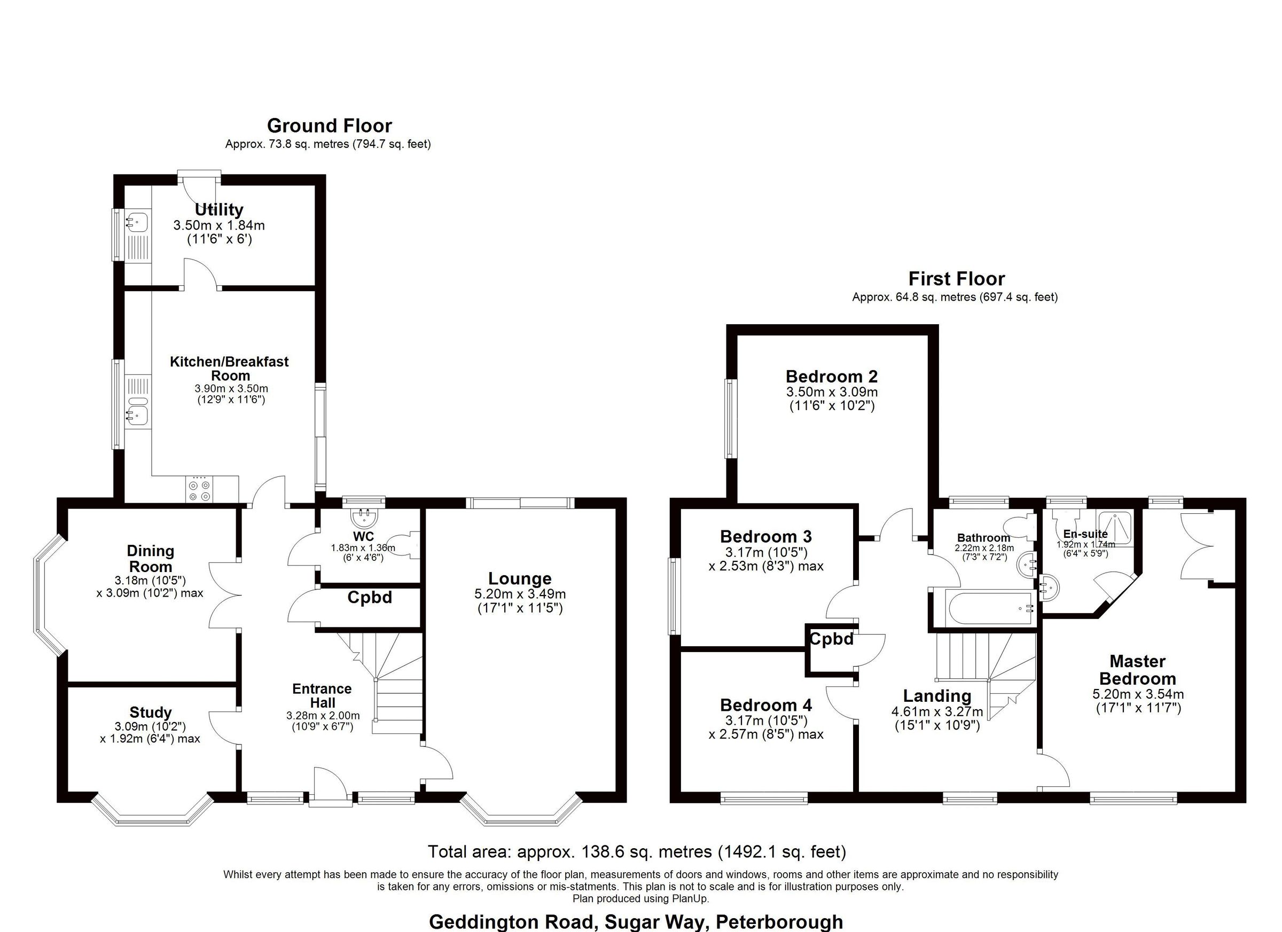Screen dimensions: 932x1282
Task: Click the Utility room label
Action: click(219, 210)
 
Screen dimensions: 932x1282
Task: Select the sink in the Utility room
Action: click(136, 221)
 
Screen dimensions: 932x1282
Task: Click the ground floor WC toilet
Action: click(410, 545)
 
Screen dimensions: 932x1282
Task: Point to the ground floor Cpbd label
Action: click(369, 598)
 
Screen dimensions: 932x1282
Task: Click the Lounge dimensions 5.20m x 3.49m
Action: click(519, 594)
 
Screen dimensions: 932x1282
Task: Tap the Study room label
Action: click(150, 712)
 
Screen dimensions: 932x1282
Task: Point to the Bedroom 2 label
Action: click(832, 377)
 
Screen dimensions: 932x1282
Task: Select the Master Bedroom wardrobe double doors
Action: click(1197, 545)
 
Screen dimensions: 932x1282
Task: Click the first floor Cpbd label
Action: click(832, 639)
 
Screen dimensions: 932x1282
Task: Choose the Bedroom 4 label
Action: click(766, 705)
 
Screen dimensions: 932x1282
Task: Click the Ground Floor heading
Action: click(329, 126)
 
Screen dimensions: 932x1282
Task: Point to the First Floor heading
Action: click(956, 279)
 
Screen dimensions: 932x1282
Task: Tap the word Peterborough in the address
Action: click(779, 922)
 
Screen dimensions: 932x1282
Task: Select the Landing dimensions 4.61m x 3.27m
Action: click(936, 711)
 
